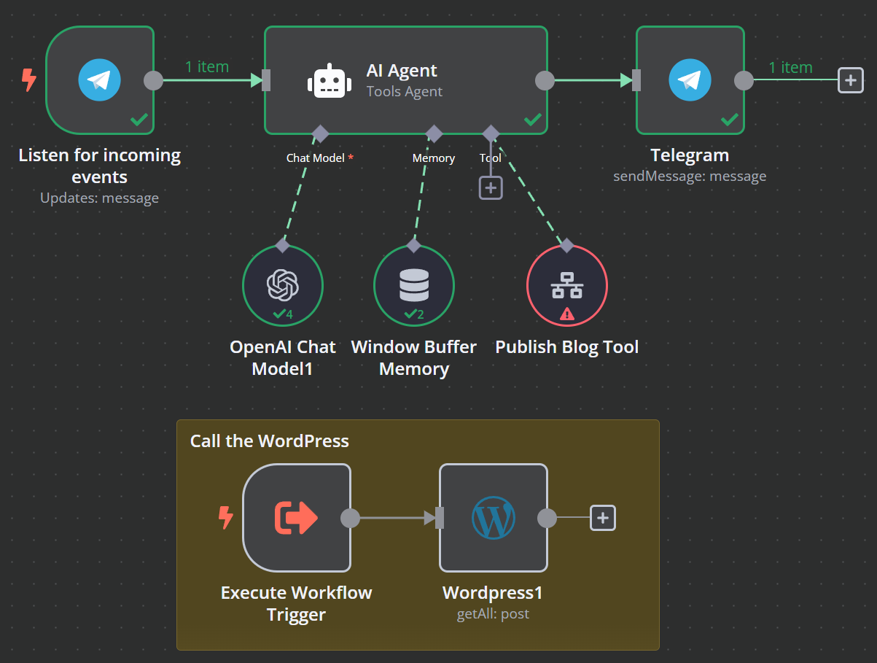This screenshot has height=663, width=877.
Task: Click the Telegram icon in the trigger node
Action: [99, 80]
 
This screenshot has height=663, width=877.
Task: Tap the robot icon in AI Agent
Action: [330, 81]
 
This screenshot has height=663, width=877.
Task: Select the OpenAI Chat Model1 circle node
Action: [283, 286]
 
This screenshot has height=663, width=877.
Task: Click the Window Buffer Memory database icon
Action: [414, 285]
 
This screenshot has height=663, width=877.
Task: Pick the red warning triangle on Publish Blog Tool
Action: [567, 314]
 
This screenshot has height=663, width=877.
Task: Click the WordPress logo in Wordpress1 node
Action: [494, 518]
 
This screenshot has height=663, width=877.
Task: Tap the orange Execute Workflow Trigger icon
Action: [296, 518]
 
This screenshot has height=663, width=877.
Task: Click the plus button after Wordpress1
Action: [603, 518]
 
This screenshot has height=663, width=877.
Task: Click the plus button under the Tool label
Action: [491, 188]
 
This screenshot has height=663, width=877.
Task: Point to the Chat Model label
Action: [315, 158]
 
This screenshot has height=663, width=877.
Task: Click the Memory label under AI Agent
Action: [434, 158]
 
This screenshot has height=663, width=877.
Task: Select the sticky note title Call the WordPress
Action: [269, 441]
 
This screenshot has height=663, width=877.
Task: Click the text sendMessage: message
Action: [690, 177]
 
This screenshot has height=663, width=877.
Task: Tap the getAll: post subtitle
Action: [493, 614]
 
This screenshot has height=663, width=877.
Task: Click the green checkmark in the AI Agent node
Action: [533, 119]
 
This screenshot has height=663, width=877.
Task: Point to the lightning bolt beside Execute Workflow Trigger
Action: [226, 518]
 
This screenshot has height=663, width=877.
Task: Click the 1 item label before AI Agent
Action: [207, 67]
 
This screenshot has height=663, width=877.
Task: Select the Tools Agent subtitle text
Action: [405, 91]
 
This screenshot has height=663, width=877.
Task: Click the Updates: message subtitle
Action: [99, 198]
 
